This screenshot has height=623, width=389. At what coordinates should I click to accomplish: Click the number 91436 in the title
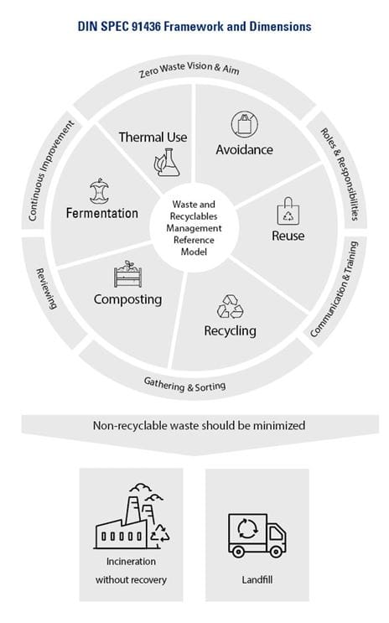tap(146, 27)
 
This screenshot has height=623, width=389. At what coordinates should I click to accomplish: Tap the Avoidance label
tap(244, 150)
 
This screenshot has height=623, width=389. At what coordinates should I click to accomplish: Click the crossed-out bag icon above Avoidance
tap(244, 124)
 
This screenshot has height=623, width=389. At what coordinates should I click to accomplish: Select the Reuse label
tap(288, 236)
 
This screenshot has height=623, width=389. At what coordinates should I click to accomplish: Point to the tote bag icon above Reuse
tap(288, 211)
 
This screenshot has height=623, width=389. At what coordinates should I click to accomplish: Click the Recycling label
tap(230, 331)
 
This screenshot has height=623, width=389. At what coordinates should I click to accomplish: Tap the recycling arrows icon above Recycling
tap(230, 306)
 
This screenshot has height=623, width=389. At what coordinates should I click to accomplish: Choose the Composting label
tap(127, 299)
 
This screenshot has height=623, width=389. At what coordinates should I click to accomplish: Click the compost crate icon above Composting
tap(127, 273)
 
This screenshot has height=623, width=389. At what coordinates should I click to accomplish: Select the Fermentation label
tap(102, 213)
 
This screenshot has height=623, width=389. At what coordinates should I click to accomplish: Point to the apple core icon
tap(99, 191)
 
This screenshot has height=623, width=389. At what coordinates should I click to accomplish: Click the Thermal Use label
tap(153, 137)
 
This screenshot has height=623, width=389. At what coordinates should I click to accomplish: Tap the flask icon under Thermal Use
tap(167, 163)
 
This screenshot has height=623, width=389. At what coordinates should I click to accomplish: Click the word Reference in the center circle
tap(194, 240)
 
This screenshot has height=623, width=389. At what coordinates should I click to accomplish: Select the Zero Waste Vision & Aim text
tap(189, 70)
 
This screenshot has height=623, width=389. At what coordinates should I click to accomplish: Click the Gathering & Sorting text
tap(184, 385)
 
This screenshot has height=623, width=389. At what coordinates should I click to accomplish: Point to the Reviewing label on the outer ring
tap(46, 288)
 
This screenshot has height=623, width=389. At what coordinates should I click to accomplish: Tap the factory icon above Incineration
tap(132, 517)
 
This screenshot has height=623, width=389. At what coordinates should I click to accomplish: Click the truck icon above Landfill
tap(257, 535)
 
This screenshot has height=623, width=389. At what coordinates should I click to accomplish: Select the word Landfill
tap(257, 579)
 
